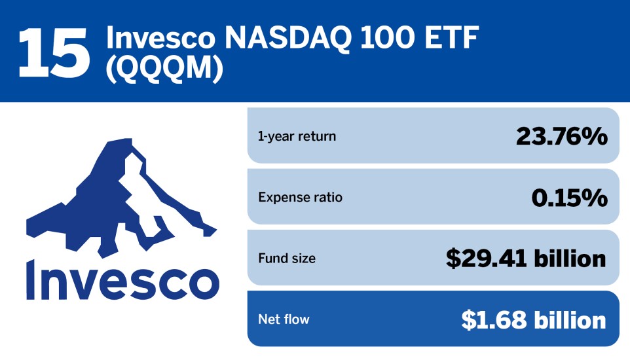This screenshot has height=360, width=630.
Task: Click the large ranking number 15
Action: (x=54, y=50)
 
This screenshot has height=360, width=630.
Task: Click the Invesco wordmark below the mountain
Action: (x=122, y=279)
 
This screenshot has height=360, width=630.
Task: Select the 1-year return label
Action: (x=297, y=137)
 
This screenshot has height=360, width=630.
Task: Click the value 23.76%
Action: (x=561, y=137)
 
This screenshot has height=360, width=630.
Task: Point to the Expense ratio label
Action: (x=300, y=197)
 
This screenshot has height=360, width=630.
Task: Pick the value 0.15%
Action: (x=568, y=197)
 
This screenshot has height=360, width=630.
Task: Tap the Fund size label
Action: (x=287, y=259)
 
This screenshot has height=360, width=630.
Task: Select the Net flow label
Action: (x=284, y=319)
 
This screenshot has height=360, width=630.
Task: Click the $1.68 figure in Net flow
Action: (x=494, y=319)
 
